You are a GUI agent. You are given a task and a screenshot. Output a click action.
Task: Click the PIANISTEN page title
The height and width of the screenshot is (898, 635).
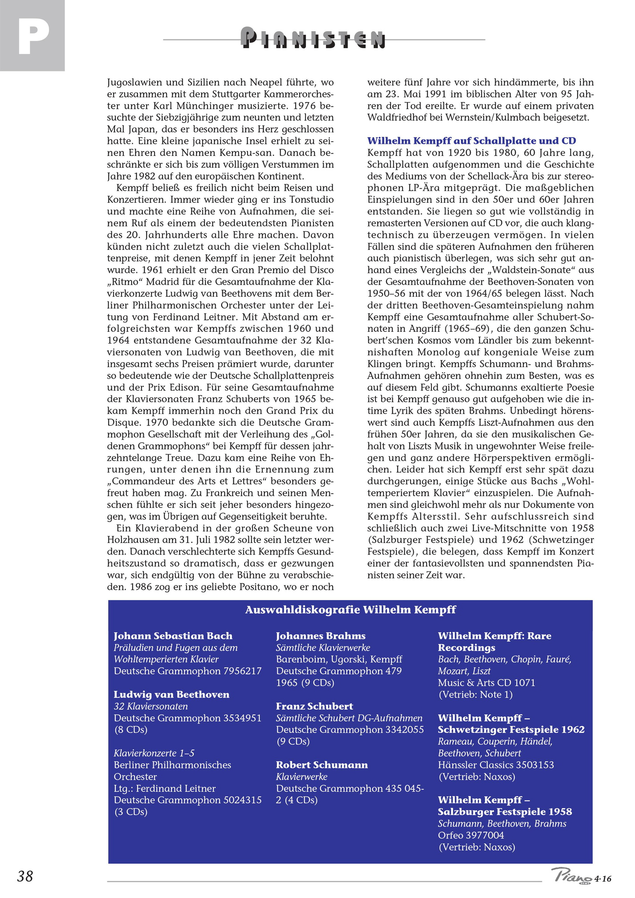pos(313,39)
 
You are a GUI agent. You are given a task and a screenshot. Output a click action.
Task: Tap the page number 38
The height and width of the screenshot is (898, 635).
pos(25,876)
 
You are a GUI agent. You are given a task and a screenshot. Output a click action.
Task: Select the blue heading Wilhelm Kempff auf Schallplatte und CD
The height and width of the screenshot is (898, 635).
pos(471,141)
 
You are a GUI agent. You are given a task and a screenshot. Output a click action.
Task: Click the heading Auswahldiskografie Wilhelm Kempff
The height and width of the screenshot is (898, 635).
pos(350,609)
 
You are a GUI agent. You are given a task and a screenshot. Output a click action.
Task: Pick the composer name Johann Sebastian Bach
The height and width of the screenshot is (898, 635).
pos(173,636)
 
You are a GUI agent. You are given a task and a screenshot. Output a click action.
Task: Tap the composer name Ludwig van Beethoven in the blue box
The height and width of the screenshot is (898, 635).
pos(171,694)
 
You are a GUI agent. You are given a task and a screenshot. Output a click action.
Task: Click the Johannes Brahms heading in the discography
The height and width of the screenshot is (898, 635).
pos(320,636)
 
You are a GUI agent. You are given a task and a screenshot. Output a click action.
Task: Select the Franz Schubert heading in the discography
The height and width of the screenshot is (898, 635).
pos(314,706)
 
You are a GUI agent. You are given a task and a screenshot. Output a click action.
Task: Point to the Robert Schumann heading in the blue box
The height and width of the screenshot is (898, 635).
pos(322,765)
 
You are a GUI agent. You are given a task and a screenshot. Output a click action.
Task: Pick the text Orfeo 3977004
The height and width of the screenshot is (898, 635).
pos(471,835)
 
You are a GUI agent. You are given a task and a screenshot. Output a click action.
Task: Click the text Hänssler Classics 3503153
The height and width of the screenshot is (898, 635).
pos(496,765)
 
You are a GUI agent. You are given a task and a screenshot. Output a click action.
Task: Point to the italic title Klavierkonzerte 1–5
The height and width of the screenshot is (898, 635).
pos(154,753)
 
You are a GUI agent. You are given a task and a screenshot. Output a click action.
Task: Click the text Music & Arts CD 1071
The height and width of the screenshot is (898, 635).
pos(486,682)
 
